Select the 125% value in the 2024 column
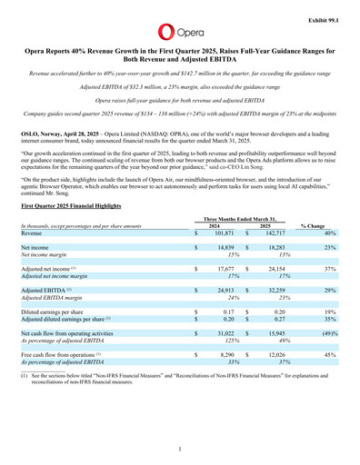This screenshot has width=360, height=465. coord(233,341)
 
